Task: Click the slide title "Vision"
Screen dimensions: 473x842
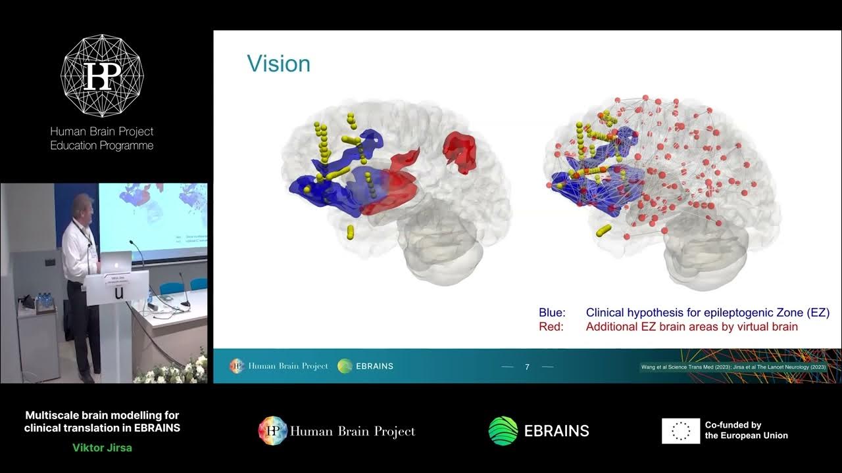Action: pyautogui.click(x=278, y=64)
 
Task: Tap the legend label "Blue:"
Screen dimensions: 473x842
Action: pyautogui.click(x=552, y=313)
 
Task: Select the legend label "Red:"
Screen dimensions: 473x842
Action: pyautogui.click(x=551, y=327)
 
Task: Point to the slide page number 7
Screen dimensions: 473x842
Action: pyautogui.click(x=527, y=367)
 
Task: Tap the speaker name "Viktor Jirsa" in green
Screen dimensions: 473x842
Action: pyautogui.click(x=102, y=448)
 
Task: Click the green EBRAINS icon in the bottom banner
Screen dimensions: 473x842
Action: pyautogui.click(x=503, y=431)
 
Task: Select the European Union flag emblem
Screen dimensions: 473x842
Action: pyautogui.click(x=680, y=431)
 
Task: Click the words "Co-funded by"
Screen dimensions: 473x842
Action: pyautogui.click(x=733, y=425)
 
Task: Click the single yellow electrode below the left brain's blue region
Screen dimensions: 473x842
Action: pyautogui.click(x=350, y=231)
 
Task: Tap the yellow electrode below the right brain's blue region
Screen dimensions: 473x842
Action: pyautogui.click(x=603, y=230)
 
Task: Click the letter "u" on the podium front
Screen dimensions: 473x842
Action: pyautogui.click(x=118, y=293)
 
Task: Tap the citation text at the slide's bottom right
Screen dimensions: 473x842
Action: pyautogui.click(x=732, y=367)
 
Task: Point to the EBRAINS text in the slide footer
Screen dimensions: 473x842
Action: pyautogui.click(x=374, y=366)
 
